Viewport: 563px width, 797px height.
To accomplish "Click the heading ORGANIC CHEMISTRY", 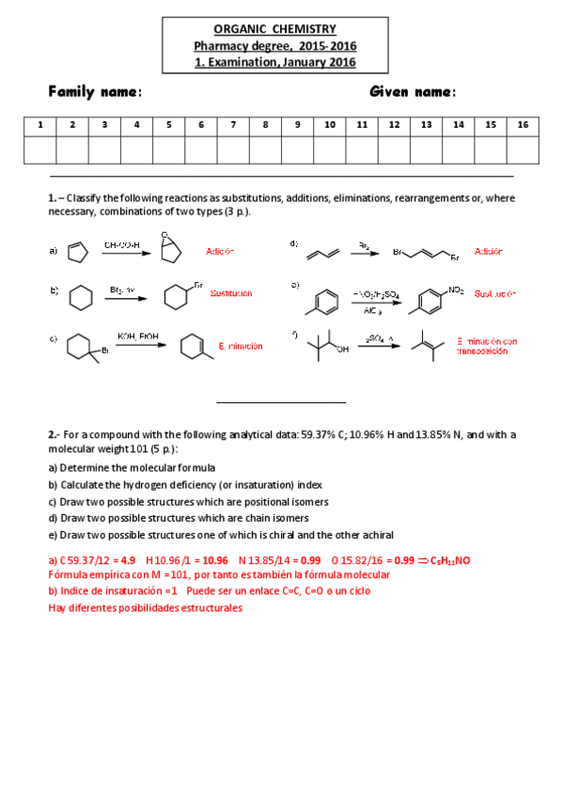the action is [x=274, y=30].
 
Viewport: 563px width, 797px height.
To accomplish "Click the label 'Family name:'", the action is [x=95, y=92].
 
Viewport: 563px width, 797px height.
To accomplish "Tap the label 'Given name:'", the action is [x=413, y=92].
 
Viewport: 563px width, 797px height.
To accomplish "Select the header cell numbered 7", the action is [x=233, y=125].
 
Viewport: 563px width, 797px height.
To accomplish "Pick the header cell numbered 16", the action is [x=523, y=125].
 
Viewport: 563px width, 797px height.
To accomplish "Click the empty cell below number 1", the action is [x=39, y=150].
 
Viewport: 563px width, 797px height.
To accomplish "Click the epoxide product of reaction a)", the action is [x=168, y=246].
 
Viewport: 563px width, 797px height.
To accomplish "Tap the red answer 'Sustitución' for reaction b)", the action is [x=231, y=293].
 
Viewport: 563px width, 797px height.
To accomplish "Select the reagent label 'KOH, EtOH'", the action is [x=136, y=336].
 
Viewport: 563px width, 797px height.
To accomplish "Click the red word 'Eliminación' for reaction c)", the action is [x=240, y=346].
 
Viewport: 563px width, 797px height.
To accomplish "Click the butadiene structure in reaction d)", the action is [x=317, y=252].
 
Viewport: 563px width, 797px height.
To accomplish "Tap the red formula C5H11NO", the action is [x=449, y=560].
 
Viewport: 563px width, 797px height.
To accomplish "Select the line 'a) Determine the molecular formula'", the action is [x=132, y=467].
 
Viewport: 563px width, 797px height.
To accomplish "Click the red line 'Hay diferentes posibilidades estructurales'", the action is [x=145, y=607].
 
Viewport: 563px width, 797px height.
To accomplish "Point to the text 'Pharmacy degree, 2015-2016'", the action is [x=274, y=46].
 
